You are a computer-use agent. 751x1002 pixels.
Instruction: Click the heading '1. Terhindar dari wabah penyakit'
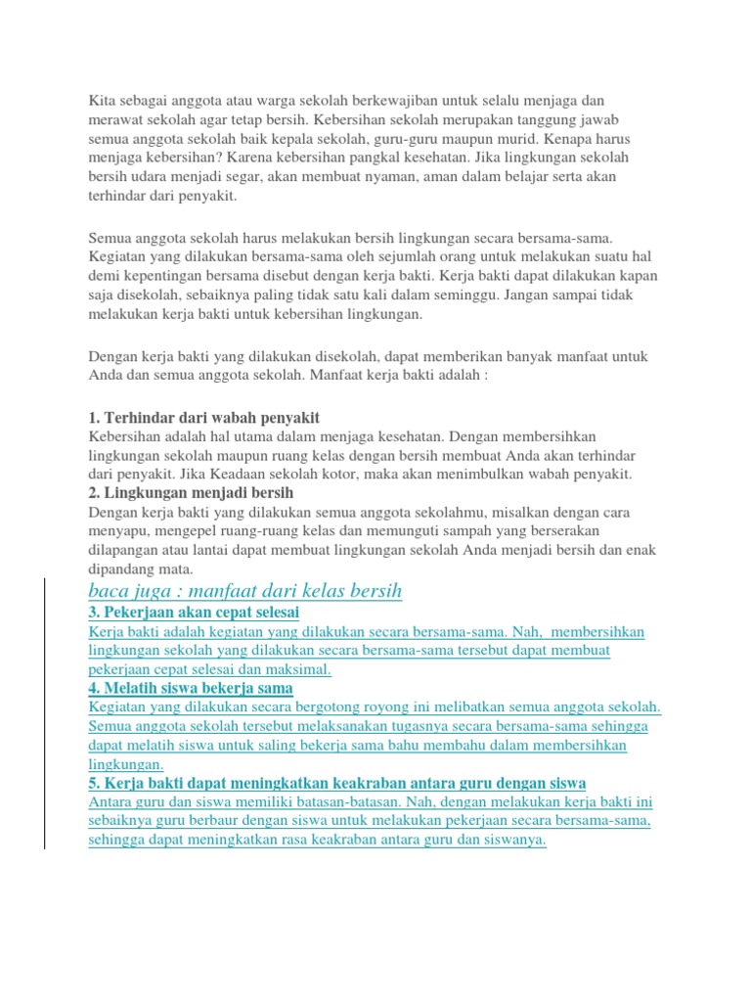(204, 417)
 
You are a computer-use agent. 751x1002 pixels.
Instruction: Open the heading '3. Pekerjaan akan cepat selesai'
(194, 613)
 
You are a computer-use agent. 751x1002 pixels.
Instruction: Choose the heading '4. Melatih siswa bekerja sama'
(190, 688)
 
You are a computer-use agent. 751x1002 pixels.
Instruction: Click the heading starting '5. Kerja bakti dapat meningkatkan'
(336, 783)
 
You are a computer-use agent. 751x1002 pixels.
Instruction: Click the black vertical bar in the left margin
(45, 715)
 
